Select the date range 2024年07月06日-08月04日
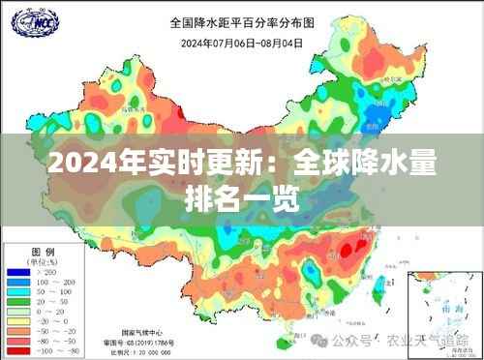[242, 42]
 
